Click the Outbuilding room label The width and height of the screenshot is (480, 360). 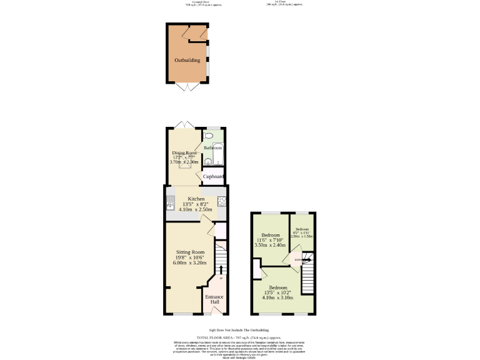point(187,61)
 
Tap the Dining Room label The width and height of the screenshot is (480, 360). point(184,152)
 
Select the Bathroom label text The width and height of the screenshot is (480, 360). point(212,148)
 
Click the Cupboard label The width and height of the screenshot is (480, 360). point(213,177)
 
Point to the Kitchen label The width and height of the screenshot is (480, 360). point(196,199)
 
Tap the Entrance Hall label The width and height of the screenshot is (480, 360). point(214,299)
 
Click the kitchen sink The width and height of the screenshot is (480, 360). point(169,202)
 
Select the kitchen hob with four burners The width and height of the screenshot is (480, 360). point(221,201)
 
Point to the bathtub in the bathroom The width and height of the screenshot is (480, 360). point(218,154)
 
